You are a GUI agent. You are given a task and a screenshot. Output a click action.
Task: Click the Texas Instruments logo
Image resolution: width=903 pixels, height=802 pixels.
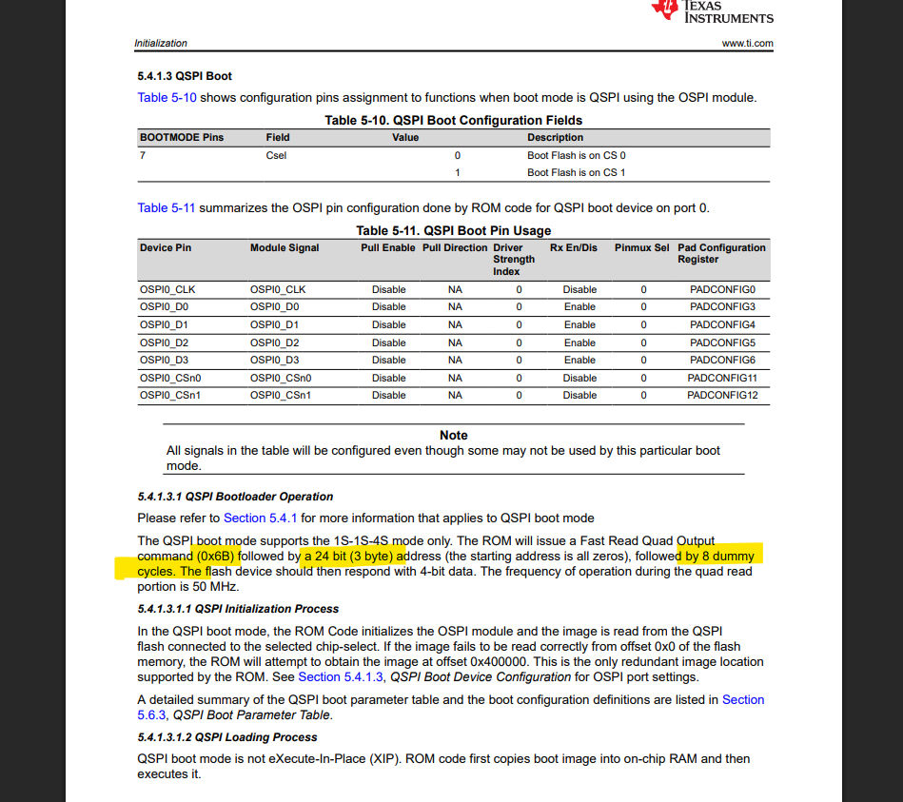712,10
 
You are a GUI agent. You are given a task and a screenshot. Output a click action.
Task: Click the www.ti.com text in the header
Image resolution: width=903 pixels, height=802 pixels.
747,43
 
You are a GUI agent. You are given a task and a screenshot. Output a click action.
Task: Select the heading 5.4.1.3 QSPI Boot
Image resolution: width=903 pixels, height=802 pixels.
185,76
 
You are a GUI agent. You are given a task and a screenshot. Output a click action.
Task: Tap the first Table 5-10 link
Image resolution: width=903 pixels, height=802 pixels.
167,97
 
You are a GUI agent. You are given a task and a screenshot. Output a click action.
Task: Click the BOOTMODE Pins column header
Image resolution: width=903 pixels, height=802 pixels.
182,137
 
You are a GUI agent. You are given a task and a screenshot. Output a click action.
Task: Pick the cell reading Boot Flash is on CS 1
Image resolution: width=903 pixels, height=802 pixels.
577,172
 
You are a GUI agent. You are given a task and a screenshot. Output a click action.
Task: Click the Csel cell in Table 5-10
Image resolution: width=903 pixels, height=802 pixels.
276,155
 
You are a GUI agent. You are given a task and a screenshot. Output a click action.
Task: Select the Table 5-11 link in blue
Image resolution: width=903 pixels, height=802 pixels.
167,207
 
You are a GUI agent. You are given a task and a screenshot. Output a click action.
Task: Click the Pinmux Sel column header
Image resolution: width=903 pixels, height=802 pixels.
641,247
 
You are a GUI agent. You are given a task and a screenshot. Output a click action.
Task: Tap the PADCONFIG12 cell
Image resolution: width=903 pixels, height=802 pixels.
723,395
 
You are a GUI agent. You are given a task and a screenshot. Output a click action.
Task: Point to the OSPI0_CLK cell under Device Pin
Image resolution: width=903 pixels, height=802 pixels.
167,289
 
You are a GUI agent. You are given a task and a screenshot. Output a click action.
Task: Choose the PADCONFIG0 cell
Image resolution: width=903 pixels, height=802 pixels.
722,289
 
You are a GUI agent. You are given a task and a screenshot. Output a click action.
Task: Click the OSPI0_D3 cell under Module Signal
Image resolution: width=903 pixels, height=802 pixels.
275,360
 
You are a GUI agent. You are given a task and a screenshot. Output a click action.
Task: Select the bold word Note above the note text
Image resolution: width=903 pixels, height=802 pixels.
454,435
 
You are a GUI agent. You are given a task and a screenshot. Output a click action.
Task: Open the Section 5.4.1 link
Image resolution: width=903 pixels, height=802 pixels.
261,518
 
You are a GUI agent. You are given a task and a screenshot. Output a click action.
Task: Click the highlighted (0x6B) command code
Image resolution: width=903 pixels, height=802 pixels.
216,556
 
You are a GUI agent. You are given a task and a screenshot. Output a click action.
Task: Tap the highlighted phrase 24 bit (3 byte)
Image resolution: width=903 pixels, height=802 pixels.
349,556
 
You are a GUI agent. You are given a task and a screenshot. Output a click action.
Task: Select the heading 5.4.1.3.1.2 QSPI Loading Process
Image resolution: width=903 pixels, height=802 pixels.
227,737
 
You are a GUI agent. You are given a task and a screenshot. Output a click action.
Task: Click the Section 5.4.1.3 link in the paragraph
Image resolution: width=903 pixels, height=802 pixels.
341,676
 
